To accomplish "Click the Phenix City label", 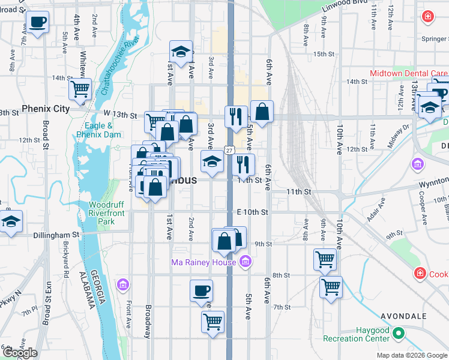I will click(46, 109).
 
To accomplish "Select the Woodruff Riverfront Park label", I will click(106, 213).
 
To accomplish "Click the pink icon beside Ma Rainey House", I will click(245, 262).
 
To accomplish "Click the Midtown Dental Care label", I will click(408, 73).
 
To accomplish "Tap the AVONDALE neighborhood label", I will click(403, 316).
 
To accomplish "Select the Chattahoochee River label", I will click(120, 66).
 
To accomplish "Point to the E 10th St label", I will click(252, 212).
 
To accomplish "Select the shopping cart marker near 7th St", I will click(213, 321).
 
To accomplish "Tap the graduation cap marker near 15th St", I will click(180, 52).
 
